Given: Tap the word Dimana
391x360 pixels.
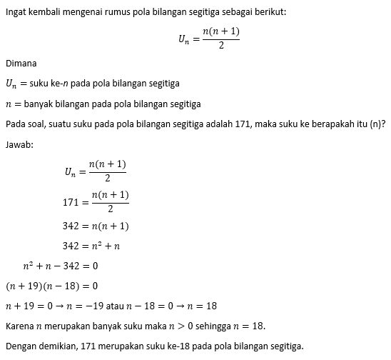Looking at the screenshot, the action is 21,63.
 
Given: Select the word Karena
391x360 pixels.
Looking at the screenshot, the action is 19,326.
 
